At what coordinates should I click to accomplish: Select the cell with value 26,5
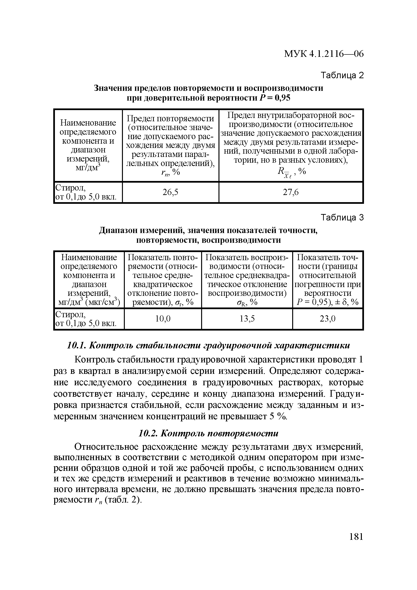click(170, 192)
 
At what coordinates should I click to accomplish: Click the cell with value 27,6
click(291, 192)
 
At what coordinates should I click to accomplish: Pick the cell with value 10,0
click(163, 319)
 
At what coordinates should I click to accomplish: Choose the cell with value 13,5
click(247, 319)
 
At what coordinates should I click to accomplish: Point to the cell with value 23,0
click(328, 319)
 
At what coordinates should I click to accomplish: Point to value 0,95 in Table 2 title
click(282, 98)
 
